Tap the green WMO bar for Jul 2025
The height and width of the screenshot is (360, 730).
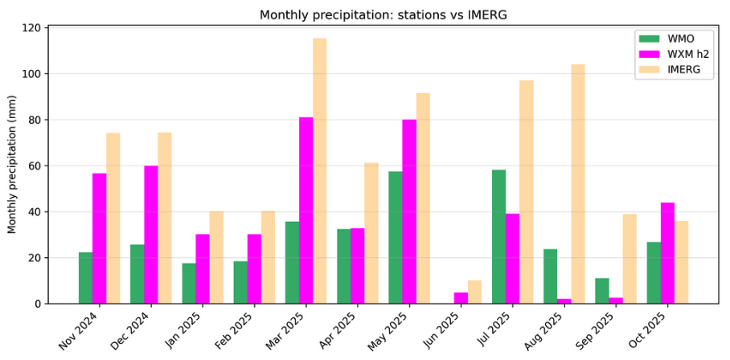pos(498,237)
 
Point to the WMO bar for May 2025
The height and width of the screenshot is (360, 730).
pos(396,238)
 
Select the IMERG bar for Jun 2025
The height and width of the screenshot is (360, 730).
pos(474,292)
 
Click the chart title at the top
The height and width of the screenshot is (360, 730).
pos(383,14)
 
